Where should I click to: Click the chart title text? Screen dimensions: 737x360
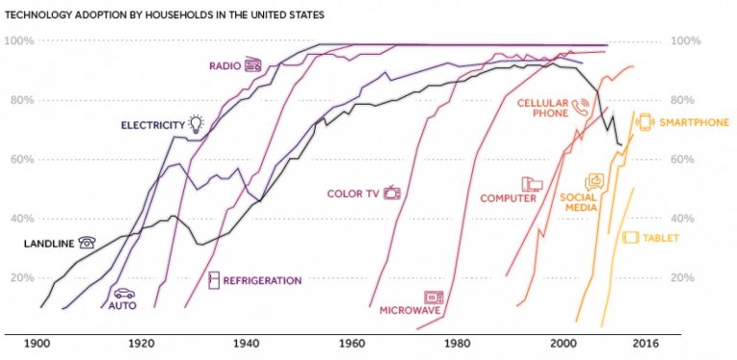click(164, 15)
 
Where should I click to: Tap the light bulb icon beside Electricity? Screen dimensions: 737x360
click(196, 123)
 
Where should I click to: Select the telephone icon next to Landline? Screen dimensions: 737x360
click(87, 243)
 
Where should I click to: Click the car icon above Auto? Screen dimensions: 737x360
click(124, 294)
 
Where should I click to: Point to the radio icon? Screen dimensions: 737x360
click(253, 65)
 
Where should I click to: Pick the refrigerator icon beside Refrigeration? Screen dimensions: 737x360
click(214, 280)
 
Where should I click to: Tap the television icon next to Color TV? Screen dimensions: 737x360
click(392, 192)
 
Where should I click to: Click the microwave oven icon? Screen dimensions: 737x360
click(434, 298)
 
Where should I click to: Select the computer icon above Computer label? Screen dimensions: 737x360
click(532, 184)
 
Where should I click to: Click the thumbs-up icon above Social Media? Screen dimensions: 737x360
click(594, 181)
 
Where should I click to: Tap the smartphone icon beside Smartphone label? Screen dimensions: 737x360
click(645, 122)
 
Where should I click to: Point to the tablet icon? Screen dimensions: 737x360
click(630, 238)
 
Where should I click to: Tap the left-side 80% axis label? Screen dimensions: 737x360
click(20, 100)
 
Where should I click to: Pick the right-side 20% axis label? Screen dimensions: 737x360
click(683, 277)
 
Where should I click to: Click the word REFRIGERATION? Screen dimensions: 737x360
click(262, 281)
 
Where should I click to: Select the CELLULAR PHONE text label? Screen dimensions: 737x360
click(543, 108)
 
